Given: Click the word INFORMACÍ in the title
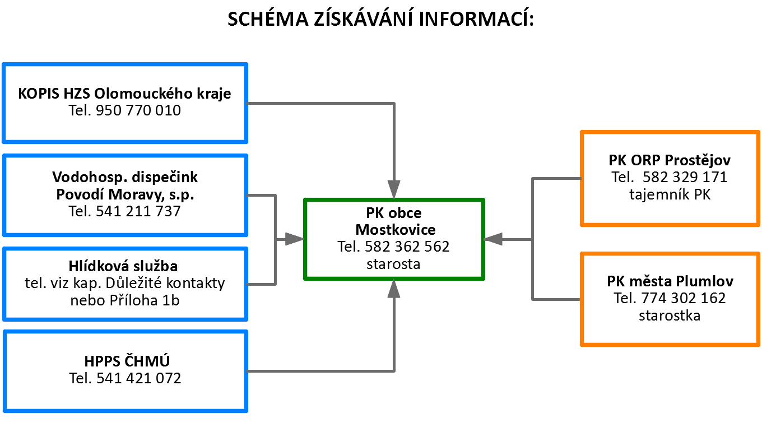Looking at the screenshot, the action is (x=476, y=18).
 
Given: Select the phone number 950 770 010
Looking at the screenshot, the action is (x=138, y=110).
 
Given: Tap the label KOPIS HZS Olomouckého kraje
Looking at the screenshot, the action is (x=124, y=94).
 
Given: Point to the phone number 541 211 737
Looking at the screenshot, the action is (x=138, y=211).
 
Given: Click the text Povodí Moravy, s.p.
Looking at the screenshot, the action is (x=125, y=194).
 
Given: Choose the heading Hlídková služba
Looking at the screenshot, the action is (x=123, y=266).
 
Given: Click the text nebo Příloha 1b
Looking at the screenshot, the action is (x=124, y=300).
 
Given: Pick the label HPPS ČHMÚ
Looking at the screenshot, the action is (x=127, y=361).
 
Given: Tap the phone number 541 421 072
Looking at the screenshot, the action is (x=139, y=378).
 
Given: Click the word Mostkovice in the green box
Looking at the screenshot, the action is (x=396, y=230).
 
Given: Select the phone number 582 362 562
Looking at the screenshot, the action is (x=407, y=247).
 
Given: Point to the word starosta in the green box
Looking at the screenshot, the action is (x=393, y=264).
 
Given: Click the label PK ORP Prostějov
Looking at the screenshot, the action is (x=670, y=160).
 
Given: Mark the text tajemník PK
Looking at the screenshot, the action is (x=670, y=194).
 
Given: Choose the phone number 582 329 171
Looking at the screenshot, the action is (x=685, y=177).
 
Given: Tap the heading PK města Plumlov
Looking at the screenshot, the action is (x=670, y=281).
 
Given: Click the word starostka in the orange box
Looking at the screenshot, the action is (x=670, y=316).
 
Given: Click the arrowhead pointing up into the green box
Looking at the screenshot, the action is (x=394, y=289).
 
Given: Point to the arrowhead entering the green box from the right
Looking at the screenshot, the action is (x=493, y=239).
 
